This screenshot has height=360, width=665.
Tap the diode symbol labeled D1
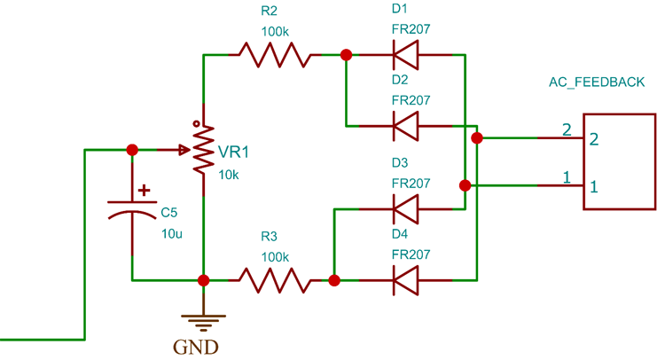tap(406, 55)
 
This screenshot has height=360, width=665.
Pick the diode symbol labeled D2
tap(406, 125)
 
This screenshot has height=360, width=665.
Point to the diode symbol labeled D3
tap(406, 210)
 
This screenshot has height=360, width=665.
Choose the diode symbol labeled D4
tap(406, 280)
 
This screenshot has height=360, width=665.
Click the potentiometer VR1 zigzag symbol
tap(204, 149)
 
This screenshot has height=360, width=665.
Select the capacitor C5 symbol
tap(132, 209)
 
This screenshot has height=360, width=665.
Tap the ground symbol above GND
tap(204, 317)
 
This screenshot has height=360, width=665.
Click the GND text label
tap(205, 345)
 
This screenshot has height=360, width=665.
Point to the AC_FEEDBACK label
tap(597, 82)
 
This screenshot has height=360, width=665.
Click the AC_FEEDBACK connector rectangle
tap(619, 162)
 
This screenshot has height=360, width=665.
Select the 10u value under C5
tap(171, 233)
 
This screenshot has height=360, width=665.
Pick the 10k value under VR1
tap(228, 175)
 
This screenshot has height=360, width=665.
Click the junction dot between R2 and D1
tap(346, 55)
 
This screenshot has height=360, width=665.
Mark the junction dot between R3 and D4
tap(334, 280)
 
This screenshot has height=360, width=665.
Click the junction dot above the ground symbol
tap(204, 280)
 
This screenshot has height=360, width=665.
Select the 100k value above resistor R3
tap(274, 257)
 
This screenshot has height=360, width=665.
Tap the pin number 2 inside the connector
tap(594, 139)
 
